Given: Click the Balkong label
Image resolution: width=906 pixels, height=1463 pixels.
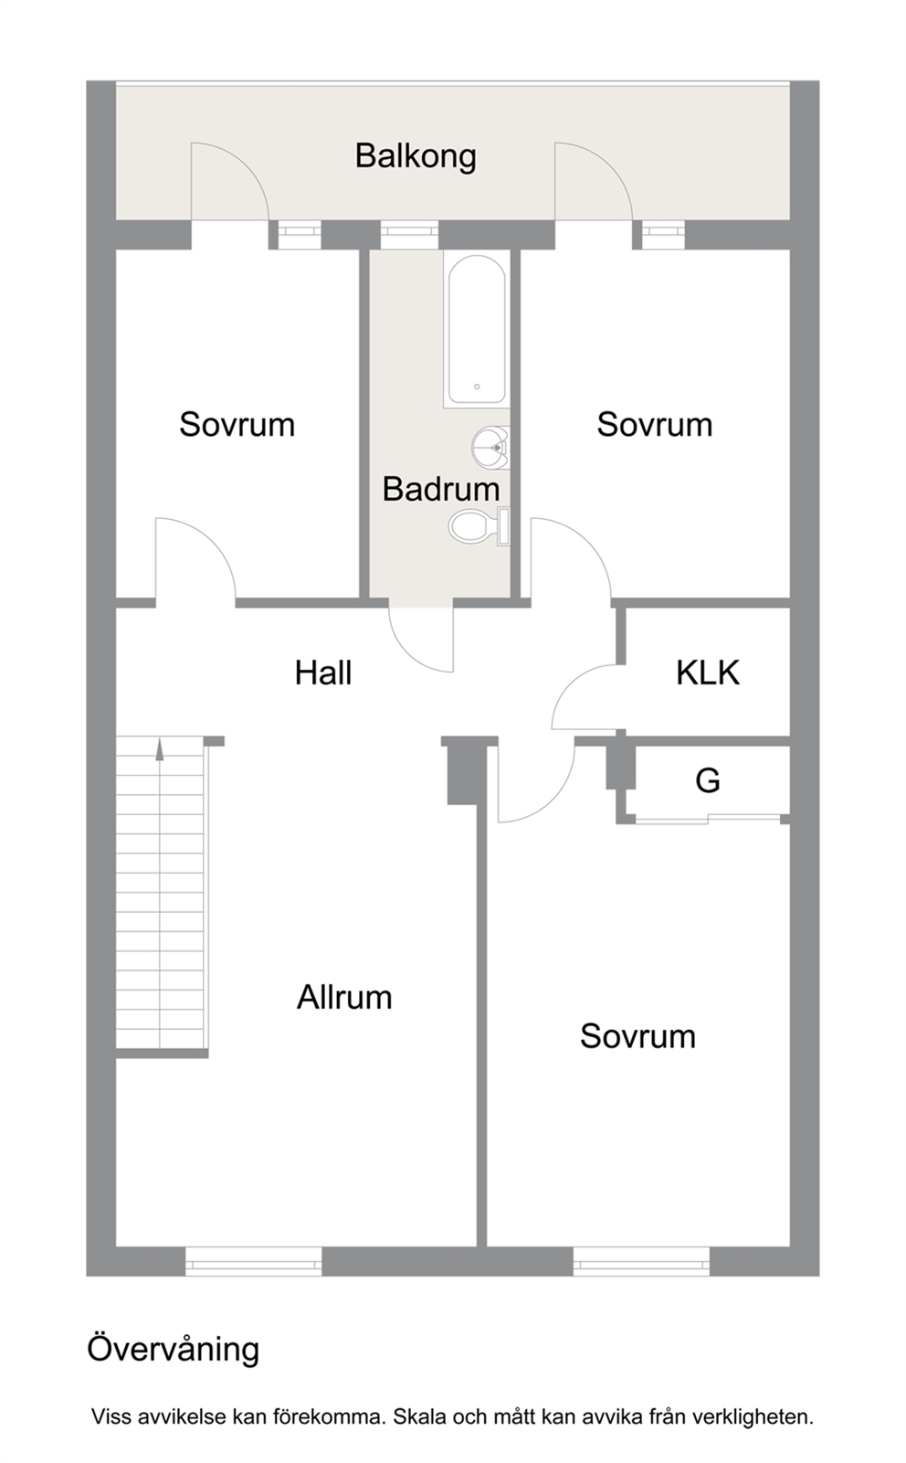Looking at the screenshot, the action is point(416,157).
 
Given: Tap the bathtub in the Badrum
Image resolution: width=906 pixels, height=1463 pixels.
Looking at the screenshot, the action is point(477,329).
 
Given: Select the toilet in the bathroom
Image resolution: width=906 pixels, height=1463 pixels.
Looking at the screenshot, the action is point(479,525).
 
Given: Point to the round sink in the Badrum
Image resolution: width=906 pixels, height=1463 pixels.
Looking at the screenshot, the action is point(490,448).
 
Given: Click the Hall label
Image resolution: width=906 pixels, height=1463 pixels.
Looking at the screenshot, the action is point(323,673).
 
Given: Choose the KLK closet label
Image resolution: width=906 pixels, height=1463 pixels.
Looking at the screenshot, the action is point(708,673).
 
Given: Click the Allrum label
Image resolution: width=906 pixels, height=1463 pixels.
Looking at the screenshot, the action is point(344,997).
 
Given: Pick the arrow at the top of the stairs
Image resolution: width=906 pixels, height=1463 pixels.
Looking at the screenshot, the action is point(159,750).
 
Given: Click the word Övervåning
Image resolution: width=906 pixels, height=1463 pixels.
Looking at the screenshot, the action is point(173,1349).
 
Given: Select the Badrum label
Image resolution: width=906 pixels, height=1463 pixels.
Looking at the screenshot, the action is point(441,489).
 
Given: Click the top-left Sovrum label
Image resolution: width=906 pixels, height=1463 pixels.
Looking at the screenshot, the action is point(237,425).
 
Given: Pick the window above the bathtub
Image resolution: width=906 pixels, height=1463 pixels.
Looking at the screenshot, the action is point(409,235).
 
